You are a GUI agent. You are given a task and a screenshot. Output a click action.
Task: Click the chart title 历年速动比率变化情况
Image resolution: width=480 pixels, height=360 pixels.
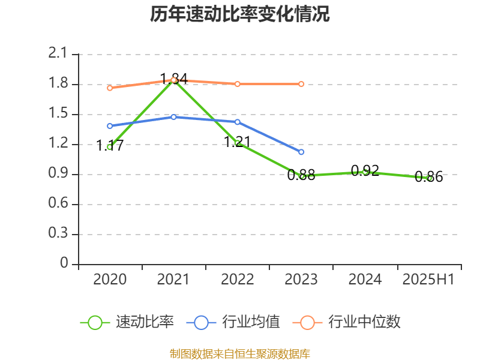[x=240, y=14]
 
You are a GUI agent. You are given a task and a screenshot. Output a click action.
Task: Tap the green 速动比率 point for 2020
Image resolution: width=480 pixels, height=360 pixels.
[x=110, y=146]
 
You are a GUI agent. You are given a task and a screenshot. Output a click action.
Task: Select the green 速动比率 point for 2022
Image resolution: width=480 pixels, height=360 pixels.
[x=238, y=143]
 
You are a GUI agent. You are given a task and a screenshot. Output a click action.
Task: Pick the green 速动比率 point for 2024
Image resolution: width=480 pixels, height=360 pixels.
[x=365, y=172]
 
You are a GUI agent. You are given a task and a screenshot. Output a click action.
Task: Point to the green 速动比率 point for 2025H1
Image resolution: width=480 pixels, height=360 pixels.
[x=429, y=178]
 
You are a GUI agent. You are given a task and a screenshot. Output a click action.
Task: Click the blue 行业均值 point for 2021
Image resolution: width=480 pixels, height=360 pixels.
[x=173, y=117]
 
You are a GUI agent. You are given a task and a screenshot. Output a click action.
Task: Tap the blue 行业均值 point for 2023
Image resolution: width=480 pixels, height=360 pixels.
[x=301, y=152]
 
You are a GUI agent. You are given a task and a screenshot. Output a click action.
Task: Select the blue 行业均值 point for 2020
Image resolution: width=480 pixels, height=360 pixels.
[x=110, y=126]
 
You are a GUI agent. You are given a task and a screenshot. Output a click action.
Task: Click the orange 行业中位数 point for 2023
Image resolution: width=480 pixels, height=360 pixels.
[x=301, y=84]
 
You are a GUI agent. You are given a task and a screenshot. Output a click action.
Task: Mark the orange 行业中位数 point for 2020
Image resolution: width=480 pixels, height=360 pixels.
[x=110, y=88]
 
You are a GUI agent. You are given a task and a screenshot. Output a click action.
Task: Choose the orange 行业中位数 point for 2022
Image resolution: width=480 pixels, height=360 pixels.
[x=238, y=84]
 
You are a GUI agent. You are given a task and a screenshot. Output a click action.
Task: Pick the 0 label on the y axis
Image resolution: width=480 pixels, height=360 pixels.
[x=65, y=264]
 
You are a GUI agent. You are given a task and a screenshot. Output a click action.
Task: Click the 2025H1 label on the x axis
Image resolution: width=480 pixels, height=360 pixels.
[x=428, y=280]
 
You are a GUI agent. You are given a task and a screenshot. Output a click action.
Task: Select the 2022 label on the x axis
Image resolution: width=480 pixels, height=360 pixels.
[x=237, y=280]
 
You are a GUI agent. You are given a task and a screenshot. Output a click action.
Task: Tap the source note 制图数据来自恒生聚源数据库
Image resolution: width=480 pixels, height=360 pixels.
[x=240, y=353]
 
